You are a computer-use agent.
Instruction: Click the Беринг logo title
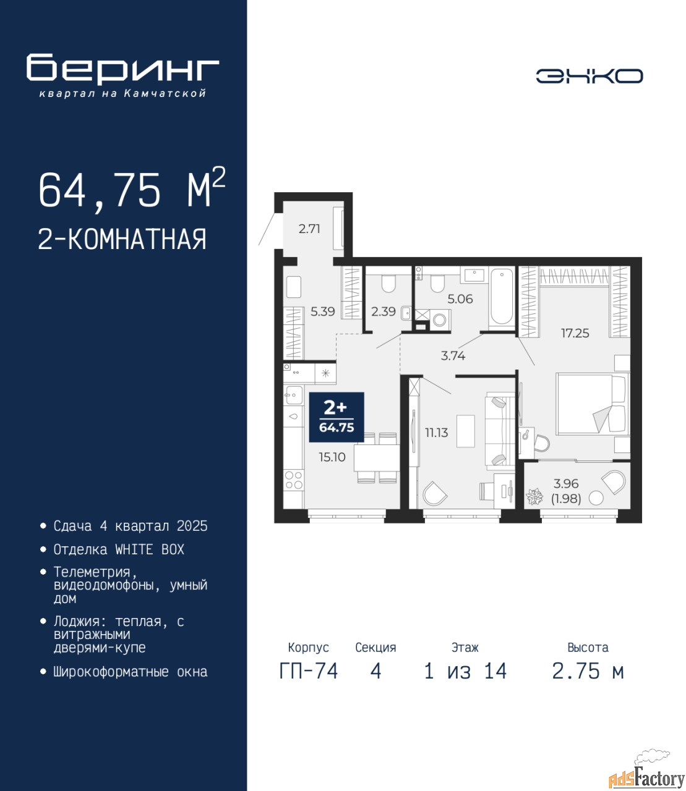tap(123, 69)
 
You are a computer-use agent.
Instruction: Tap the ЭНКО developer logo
tap(589, 76)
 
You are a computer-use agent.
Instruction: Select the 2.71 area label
tap(309, 229)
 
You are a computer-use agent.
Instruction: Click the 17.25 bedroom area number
tap(575, 333)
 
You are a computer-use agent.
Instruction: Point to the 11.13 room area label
tap(436, 433)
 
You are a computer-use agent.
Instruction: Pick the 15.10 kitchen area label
tap(332, 457)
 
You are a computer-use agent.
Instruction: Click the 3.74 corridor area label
tap(453, 356)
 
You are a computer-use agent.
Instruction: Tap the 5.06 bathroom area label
tap(460, 299)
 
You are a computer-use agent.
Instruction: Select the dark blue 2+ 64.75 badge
tap(337, 417)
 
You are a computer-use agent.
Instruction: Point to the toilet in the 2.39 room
tap(388, 284)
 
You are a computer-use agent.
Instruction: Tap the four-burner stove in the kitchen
tap(294, 480)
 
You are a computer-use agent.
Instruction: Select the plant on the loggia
tap(534, 497)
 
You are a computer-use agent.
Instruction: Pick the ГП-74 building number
tap(308, 671)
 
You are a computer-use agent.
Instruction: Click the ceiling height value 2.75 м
tap(588, 671)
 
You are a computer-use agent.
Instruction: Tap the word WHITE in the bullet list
tap(134, 550)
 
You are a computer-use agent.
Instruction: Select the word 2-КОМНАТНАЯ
tap(122, 239)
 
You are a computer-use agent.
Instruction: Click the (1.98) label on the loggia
tap(566, 499)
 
